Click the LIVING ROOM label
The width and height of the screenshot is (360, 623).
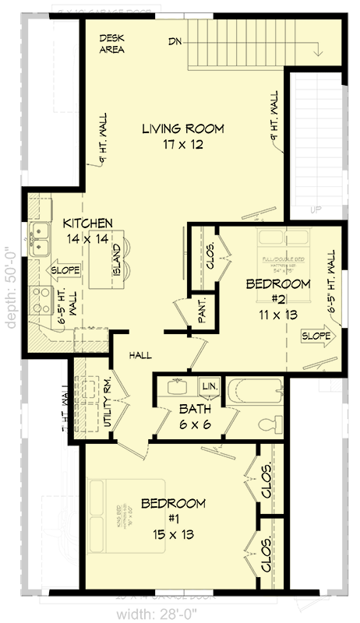[183, 128]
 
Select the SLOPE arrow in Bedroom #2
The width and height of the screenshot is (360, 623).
[316, 336]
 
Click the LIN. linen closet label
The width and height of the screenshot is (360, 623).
[210, 386]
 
